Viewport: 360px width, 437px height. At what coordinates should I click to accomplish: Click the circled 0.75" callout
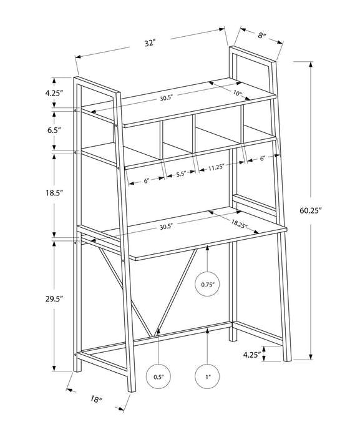pyautogui.click(x=208, y=284)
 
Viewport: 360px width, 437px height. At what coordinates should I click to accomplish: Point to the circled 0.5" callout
pyautogui.click(x=158, y=376)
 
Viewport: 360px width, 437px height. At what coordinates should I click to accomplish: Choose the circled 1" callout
pyautogui.click(x=208, y=376)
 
